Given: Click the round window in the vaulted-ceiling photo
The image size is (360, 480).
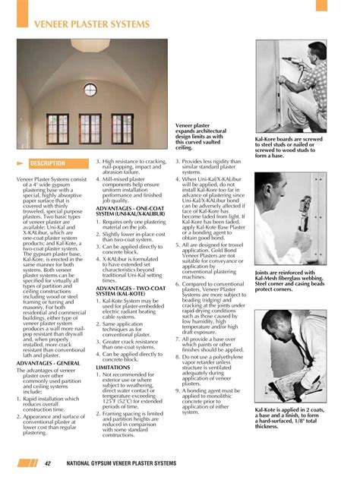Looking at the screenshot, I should click(x=90, y=90).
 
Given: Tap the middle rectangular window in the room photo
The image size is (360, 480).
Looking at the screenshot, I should click(x=90, y=129).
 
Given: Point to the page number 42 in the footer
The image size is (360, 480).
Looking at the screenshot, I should click(x=47, y=463).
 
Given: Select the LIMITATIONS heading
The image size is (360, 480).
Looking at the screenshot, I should click(x=113, y=365).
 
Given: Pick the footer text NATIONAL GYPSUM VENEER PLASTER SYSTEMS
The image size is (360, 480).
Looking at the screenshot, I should click(x=137, y=463).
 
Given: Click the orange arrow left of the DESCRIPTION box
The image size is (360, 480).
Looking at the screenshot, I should click(x=21, y=163).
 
